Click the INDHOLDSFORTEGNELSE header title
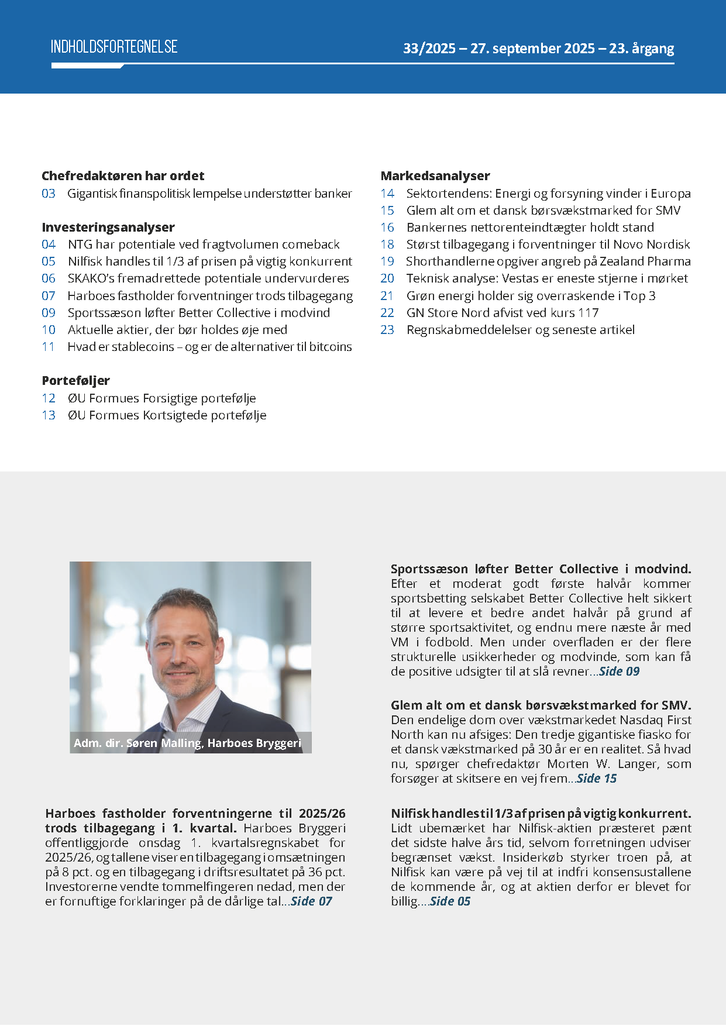(x=114, y=47)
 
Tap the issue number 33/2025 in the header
(x=429, y=49)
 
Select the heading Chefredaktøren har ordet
(x=123, y=175)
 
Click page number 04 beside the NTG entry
(x=49, y=245)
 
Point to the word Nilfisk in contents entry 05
(x=85, y=261)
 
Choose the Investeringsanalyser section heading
(x=108, y=227)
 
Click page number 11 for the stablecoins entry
(x=49, y=347)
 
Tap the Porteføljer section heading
(x=76, y=381)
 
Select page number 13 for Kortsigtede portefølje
(x=49, y=415)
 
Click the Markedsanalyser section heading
(x=435, y=175)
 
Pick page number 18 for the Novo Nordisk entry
(x=387, y=245)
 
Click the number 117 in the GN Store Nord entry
(x=588, y=313)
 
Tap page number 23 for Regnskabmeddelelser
(x=387, y=330)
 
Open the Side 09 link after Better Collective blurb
(x=620, y=672)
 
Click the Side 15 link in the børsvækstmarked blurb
(x=597, y=779)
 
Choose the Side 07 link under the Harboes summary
(x=311, y=901)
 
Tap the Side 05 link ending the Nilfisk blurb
(x=450, y=901)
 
